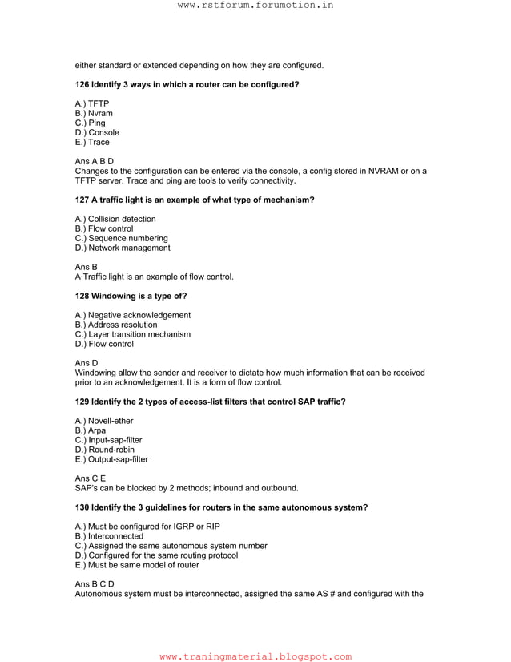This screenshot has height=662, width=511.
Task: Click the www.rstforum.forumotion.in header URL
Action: (x=255, y=6)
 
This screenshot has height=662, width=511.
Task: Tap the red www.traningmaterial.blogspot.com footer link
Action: (x=255, y=656)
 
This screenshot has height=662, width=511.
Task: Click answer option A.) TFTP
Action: (x=92, y=104)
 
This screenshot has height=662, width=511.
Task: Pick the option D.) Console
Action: (x=97, y=133)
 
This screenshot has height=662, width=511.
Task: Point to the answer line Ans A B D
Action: (x=94, y=161)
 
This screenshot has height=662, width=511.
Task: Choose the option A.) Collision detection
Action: (x=115, y=220)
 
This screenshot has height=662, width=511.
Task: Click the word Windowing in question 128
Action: (x=113, y=296)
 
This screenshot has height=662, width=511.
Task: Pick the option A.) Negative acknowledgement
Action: (x=132, y=316)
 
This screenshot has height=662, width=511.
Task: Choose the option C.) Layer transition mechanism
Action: (x=132, y=335)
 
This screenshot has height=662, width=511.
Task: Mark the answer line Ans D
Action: (x=86, y=363)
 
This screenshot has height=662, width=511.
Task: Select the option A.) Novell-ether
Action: (x=104, y=422)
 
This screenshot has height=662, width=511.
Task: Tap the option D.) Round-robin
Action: (x=105, y=450)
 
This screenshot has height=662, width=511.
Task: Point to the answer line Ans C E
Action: (x=90, y=478)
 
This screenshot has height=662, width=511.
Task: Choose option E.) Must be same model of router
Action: (x=137, y=565)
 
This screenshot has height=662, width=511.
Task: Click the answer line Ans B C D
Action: (x=94, y=584)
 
